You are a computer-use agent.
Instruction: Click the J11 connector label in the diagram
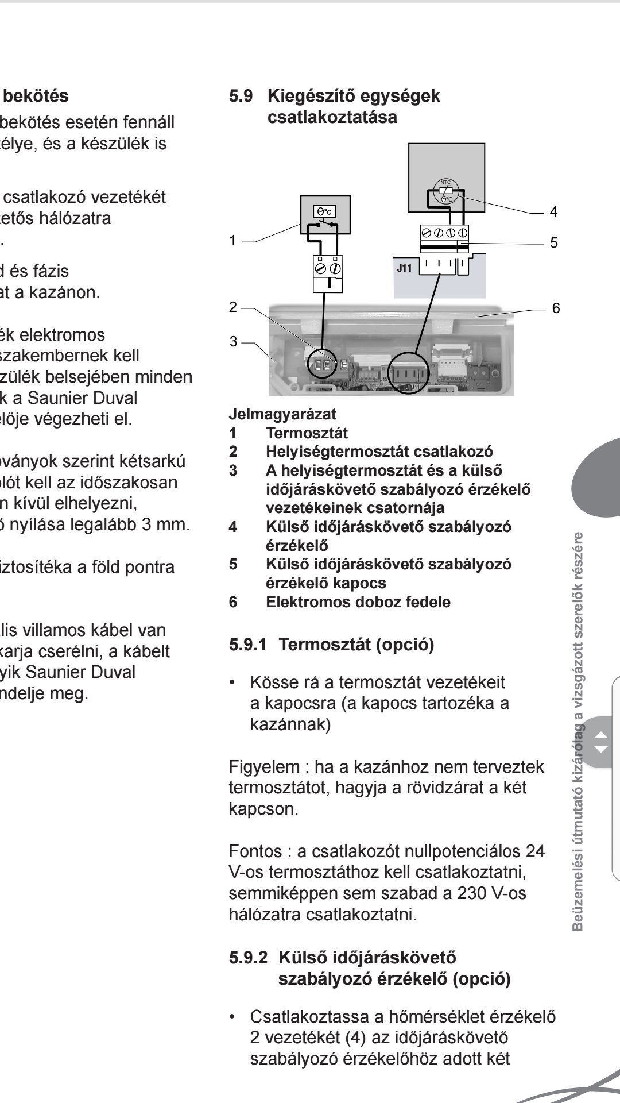click(405, 268)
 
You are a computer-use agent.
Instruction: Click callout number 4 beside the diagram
click(553, 212)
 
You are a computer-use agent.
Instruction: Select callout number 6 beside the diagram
click(556, 308)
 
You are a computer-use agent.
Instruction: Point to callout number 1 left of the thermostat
click(232, 241)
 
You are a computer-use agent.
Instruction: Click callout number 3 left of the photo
click(233, 341)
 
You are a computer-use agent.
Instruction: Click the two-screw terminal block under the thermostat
click(327, 269)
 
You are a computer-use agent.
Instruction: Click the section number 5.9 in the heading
click(241, 96)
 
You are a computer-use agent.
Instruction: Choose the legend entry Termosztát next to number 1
click(307, 433)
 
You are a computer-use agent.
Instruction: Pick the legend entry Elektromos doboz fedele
click(358, 602)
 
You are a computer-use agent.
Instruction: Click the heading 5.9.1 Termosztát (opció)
click(331, 645)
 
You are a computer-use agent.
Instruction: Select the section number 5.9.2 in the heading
click(249, 958)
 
